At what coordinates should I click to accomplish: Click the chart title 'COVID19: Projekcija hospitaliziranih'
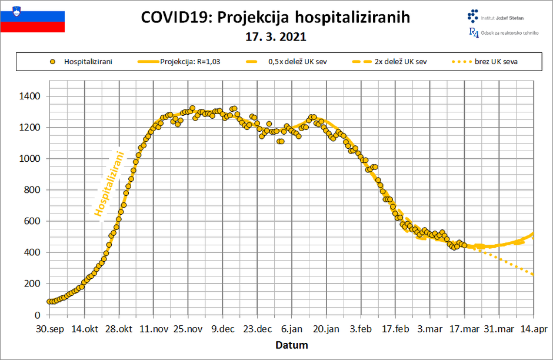275,18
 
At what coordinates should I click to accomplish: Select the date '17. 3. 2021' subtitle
275,36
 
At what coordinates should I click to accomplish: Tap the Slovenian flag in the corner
32,18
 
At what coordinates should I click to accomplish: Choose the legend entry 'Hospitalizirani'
88,62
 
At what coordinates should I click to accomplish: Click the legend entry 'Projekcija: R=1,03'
198,62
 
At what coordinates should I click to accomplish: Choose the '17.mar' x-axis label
464,329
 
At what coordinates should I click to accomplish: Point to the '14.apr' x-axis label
534,329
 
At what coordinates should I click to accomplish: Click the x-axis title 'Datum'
292,345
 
